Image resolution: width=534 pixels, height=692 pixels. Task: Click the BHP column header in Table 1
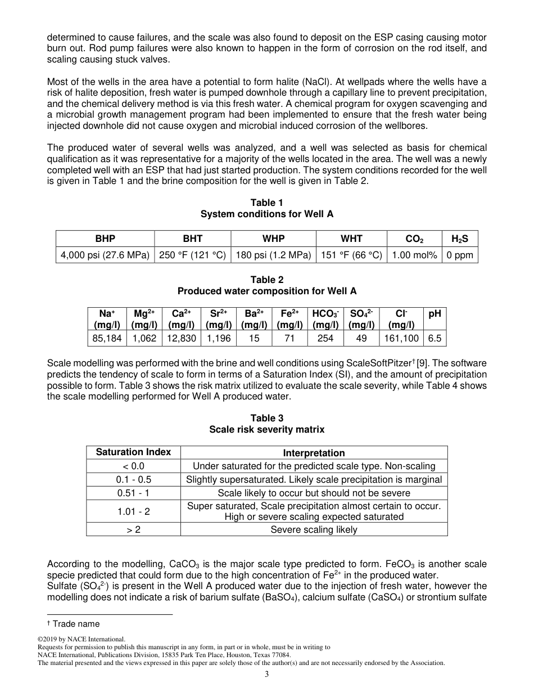click(x=105, y=239)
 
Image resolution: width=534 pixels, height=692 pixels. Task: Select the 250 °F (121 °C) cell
click(x=192, y=255)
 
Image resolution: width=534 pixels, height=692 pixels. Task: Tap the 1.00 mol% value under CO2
click(x=414, y=255)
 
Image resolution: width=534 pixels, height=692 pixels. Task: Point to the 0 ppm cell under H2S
click(x=460, y=255)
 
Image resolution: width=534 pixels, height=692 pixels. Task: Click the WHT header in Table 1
click(x=351, y=239)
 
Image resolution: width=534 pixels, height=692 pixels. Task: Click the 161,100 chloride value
click(x=401, y=338)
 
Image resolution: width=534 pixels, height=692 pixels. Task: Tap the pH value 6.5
click(x=435, y=338)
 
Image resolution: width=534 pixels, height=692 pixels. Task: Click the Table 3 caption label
click(x=267, y=418)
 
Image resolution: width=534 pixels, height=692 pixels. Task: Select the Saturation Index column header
click(x=133, y=452)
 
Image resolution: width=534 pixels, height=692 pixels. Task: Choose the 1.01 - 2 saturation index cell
click(x=133, y=511)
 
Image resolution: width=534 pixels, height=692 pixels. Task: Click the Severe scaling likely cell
click(x=314, y=529)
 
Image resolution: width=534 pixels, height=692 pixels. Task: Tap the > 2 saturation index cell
click(x=133, y=529)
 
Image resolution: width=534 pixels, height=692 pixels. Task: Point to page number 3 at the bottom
click(x=267, y=675)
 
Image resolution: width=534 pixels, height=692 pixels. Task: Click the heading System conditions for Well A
click(x=267, y=214)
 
